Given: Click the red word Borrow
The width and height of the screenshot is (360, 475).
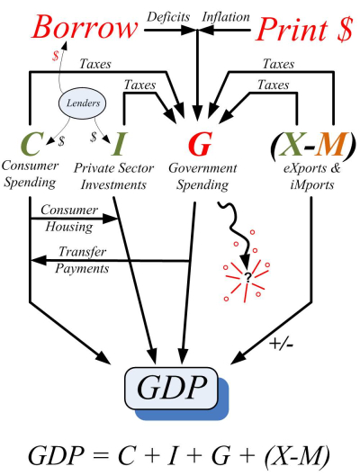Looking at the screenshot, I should (76, 29).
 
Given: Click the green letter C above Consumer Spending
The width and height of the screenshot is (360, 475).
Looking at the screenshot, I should (31, 144).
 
